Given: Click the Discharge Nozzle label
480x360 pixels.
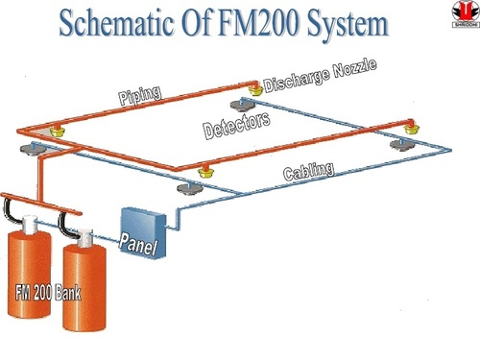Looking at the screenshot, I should pyautogui.click(x=317, y=76).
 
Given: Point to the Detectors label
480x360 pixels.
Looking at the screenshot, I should pyautogui.click(x=236, y=125).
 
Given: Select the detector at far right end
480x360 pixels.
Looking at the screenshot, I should pyautogui.click(x=398, y=144).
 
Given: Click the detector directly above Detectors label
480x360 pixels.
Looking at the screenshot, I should pyautogui.click(x=238, y=103).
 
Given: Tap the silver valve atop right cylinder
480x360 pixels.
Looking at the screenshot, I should pyautogui.click(x=84, y=235).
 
